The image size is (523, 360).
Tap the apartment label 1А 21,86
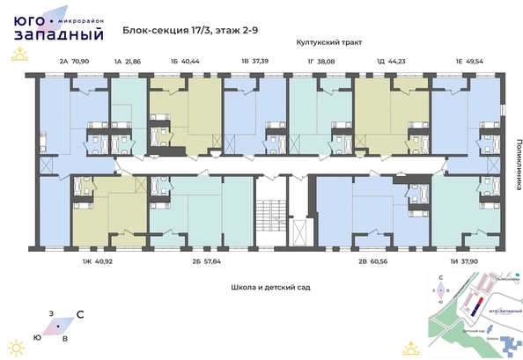[x=128, y=62]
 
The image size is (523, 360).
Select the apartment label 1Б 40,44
[x=185, y=62]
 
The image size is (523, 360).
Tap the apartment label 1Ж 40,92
[x=98, y=261]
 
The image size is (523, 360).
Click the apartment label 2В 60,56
[x=373, y=261]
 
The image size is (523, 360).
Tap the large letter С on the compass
[x=81, y=313]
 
